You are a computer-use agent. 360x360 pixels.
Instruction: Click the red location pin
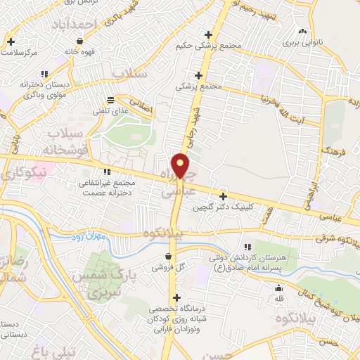(181, 166)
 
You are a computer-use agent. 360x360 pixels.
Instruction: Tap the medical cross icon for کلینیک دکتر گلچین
(224, 197)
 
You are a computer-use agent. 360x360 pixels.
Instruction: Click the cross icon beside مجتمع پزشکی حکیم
(208, 34)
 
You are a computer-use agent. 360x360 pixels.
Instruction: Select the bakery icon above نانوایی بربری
(302, 32)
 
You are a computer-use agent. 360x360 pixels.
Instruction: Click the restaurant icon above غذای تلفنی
(111, 101)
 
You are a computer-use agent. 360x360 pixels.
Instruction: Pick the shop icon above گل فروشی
(167, 256)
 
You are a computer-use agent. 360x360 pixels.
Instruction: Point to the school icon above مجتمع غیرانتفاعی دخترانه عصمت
(107, 172)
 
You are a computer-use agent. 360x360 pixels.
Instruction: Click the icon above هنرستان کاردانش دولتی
(247, 246)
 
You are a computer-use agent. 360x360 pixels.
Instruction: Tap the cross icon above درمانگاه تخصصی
(176, 297)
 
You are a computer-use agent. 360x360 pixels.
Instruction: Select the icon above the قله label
(279, 288)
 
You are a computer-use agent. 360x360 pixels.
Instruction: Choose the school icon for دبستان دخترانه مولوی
(44, 74)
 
